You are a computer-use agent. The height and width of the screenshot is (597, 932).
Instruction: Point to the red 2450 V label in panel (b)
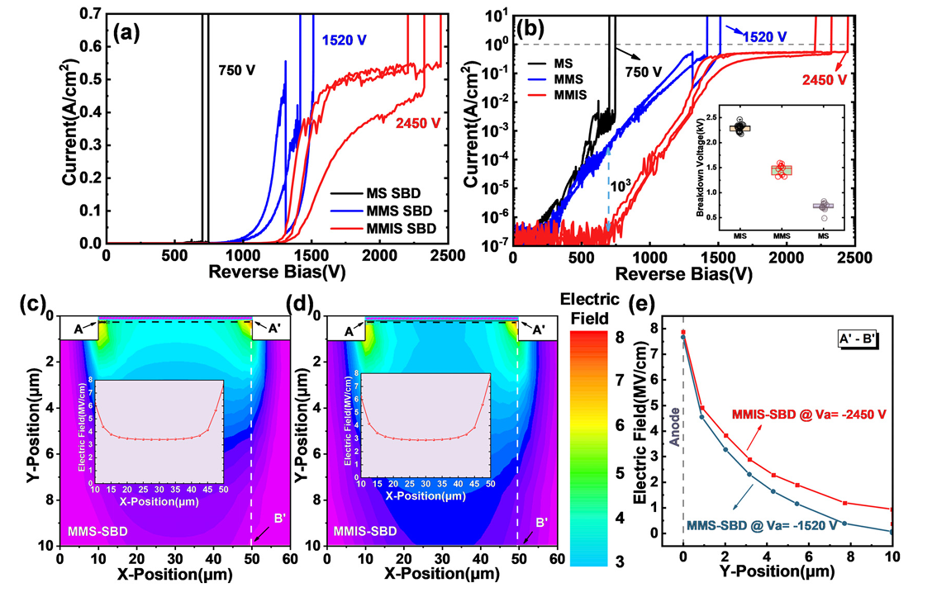(823, 79)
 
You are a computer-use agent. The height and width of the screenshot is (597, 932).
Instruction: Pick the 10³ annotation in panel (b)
(620, 187)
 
